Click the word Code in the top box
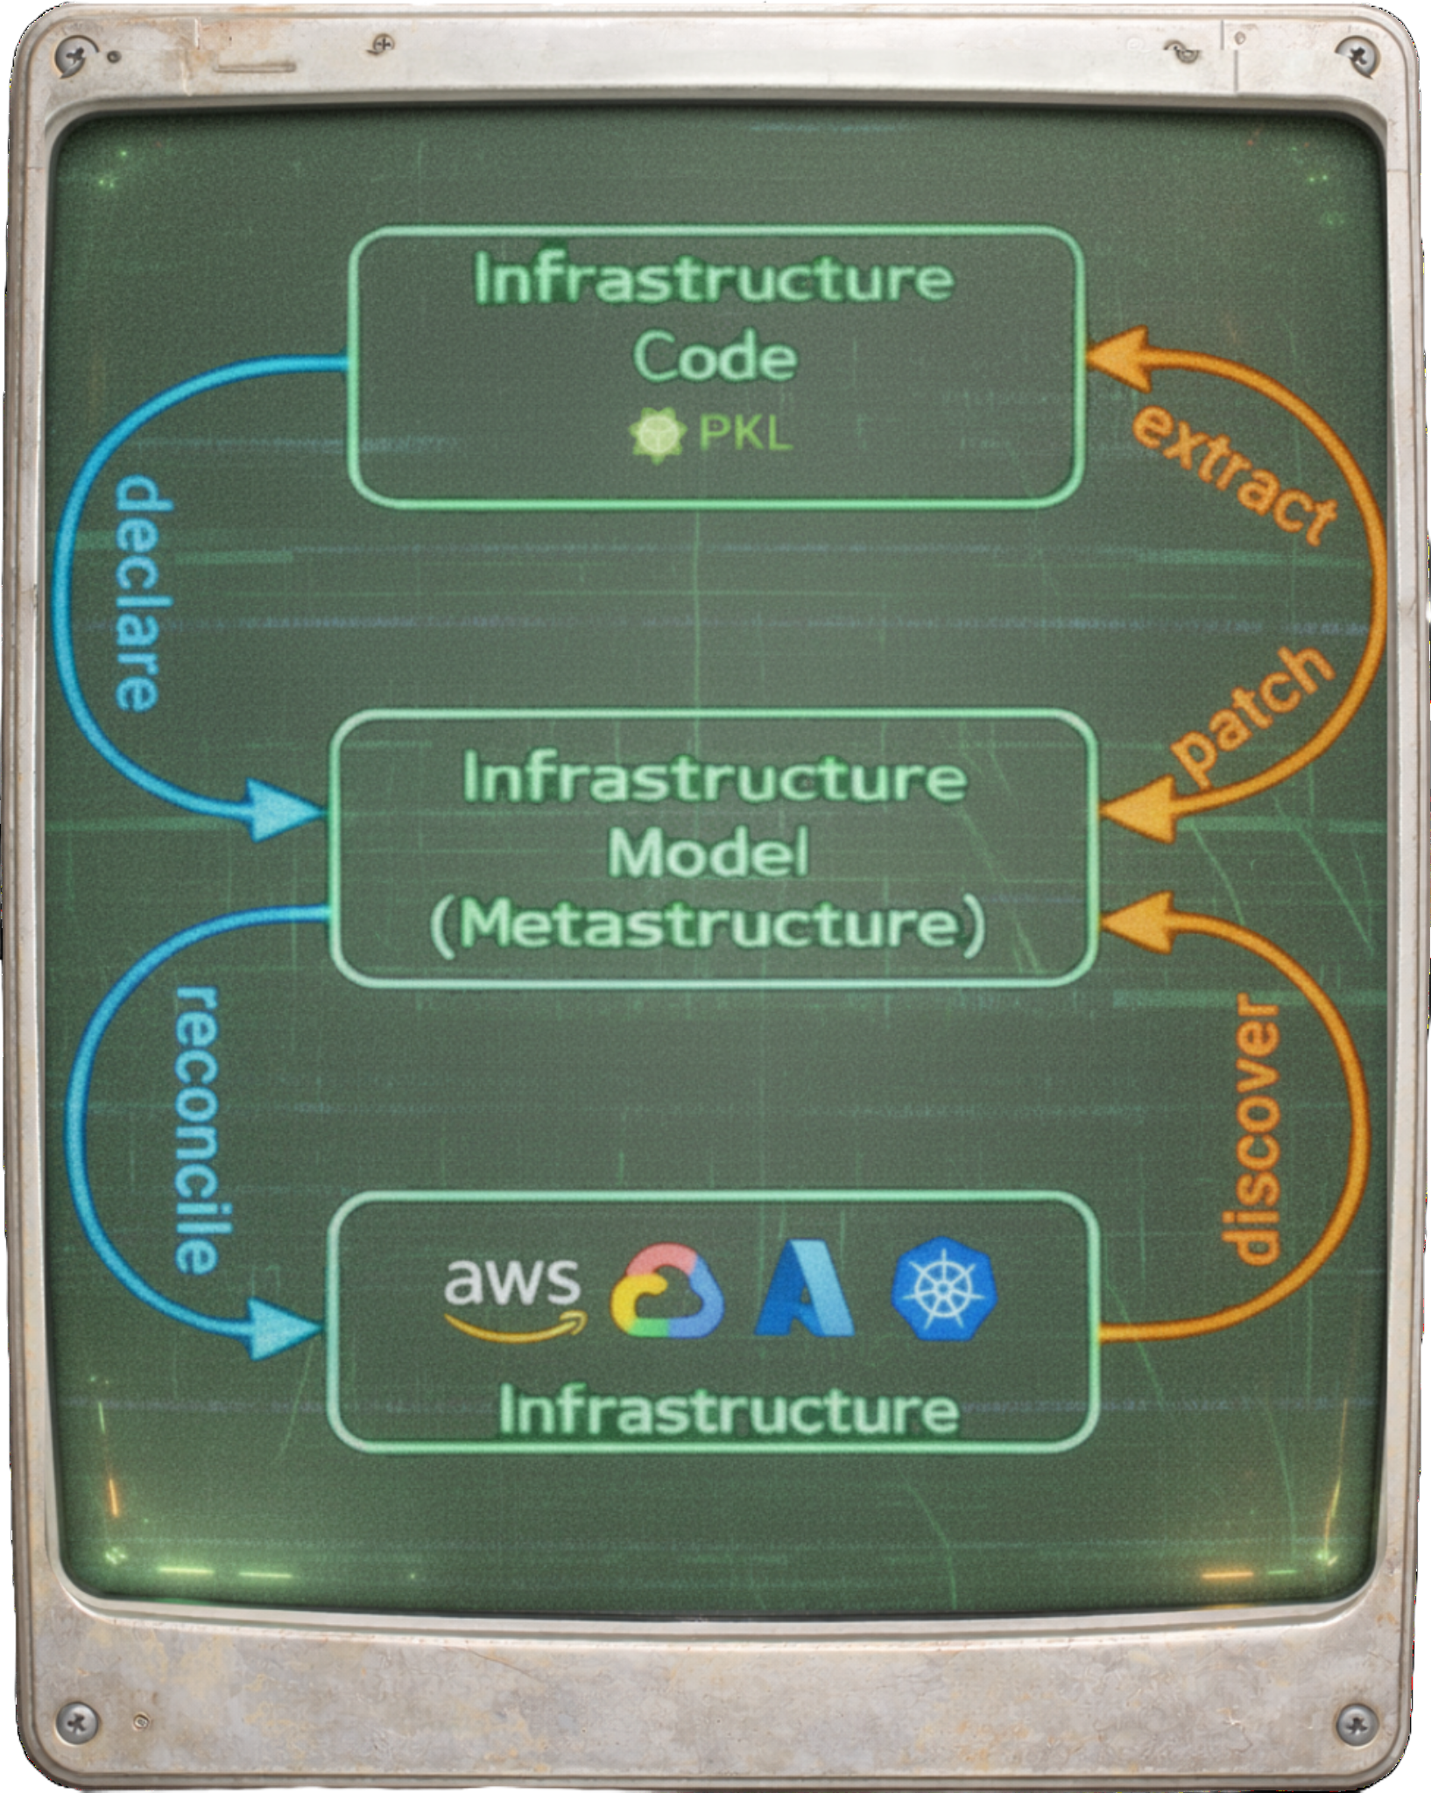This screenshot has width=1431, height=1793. click(715, 357)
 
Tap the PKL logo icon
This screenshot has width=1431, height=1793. click(658, 434)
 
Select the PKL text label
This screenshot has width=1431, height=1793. click(745, 434)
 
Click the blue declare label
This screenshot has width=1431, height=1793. click(139, 593)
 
